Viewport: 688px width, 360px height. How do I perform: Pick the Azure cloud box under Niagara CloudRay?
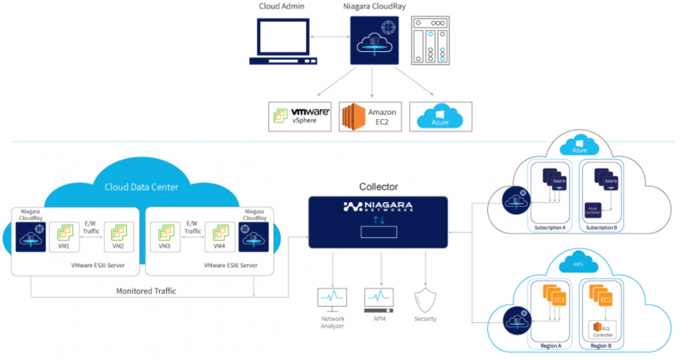tap(439, 116)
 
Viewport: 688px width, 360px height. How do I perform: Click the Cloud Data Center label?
tap(141, 187)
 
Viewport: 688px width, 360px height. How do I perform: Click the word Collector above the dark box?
tap(378, 187)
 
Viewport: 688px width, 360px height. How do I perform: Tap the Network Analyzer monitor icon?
tap(333, 298)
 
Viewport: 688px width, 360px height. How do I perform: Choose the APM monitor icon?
tap(379, 298)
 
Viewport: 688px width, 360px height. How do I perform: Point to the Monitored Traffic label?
tap(145, 290)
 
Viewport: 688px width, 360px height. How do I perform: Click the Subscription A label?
tap(549, 227)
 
